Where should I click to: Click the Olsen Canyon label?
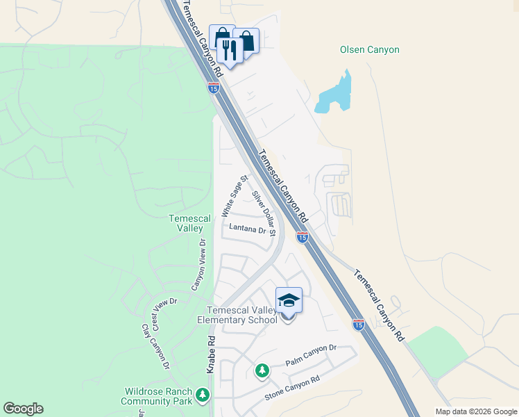click(x=369, y=50)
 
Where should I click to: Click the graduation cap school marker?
click(x=289, y=301)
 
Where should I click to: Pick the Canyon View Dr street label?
click(x=198, y=265)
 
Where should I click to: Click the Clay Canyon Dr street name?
click(x=155, y=345)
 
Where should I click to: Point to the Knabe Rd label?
click(x=212, y=354)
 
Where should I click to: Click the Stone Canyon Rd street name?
click(x=292, y=389)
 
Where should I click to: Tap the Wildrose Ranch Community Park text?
click(x=157, y=396)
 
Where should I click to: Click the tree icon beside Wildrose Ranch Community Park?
click(x=202, y=395)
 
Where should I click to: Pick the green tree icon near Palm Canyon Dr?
click(x=262, y=370)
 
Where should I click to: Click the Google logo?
click(x=23, y=409)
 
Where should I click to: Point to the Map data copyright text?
click(x=475, y=411)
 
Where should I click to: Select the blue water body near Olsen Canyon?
click(x=334, y=95)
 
